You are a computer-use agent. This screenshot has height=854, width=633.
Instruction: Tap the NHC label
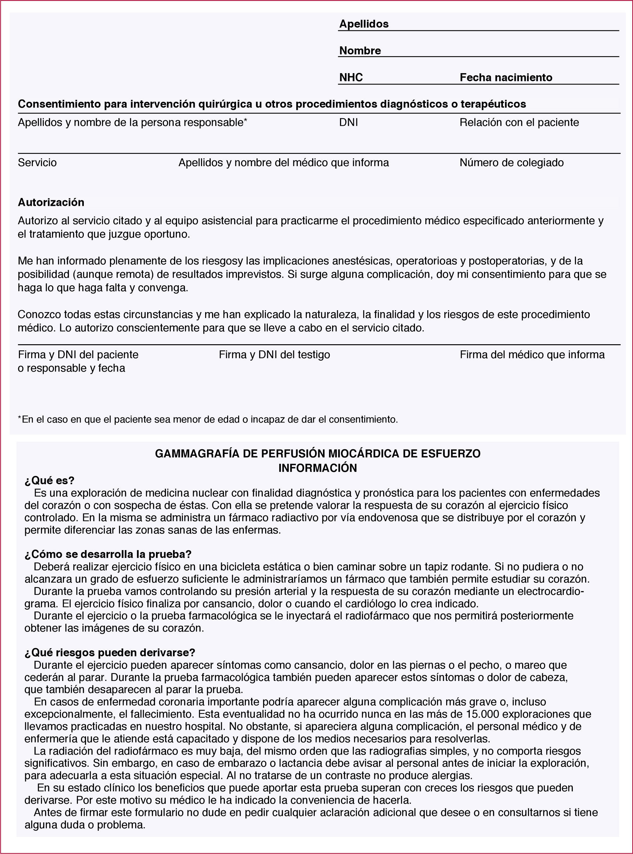351,78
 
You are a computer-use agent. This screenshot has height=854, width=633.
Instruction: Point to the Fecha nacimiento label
506,78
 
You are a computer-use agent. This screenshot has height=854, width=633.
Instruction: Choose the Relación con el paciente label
519,123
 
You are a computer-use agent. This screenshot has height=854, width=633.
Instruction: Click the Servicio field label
37,163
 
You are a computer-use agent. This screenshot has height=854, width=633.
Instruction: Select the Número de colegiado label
511,163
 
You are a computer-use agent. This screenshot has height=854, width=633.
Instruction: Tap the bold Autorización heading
51,202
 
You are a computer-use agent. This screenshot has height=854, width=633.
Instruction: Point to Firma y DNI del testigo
274,355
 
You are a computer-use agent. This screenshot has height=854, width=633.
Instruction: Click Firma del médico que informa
532,355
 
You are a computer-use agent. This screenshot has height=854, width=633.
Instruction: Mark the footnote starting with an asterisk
208,419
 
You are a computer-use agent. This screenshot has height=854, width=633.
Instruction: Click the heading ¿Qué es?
49,481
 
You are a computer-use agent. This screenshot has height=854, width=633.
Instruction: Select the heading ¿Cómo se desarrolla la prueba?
108,554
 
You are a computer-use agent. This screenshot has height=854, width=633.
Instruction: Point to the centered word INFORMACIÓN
318,468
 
